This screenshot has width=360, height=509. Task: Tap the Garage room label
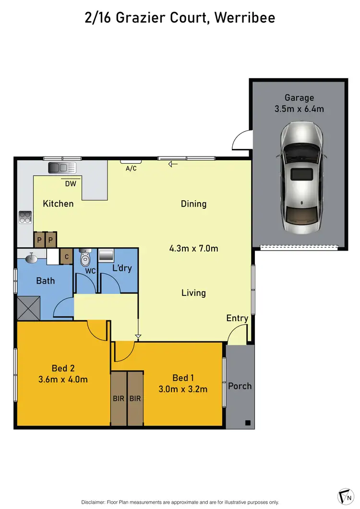coord(299,98)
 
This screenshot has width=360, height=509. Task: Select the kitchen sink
coord(62,168)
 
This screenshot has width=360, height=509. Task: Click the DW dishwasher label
coord(71,183)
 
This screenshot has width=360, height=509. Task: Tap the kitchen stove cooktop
coord(25,218)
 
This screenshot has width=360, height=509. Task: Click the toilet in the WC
coord(85,258)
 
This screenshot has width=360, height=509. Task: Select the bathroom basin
coord(32,258)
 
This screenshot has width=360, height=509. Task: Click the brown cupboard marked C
coord(66,257)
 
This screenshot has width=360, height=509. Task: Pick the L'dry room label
coord(121,268)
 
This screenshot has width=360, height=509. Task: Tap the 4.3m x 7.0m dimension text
coord(193,249)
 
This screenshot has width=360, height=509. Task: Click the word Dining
coord(193,204)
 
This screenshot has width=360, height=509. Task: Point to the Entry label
coord(237,318)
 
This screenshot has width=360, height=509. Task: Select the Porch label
coord(240,386)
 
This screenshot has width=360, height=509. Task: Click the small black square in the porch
coord(248,423)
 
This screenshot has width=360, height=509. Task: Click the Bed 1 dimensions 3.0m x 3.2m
coord(183,389)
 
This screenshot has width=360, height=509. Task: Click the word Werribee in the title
coord(244,18)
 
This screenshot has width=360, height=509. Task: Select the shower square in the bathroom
coord(28,308)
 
